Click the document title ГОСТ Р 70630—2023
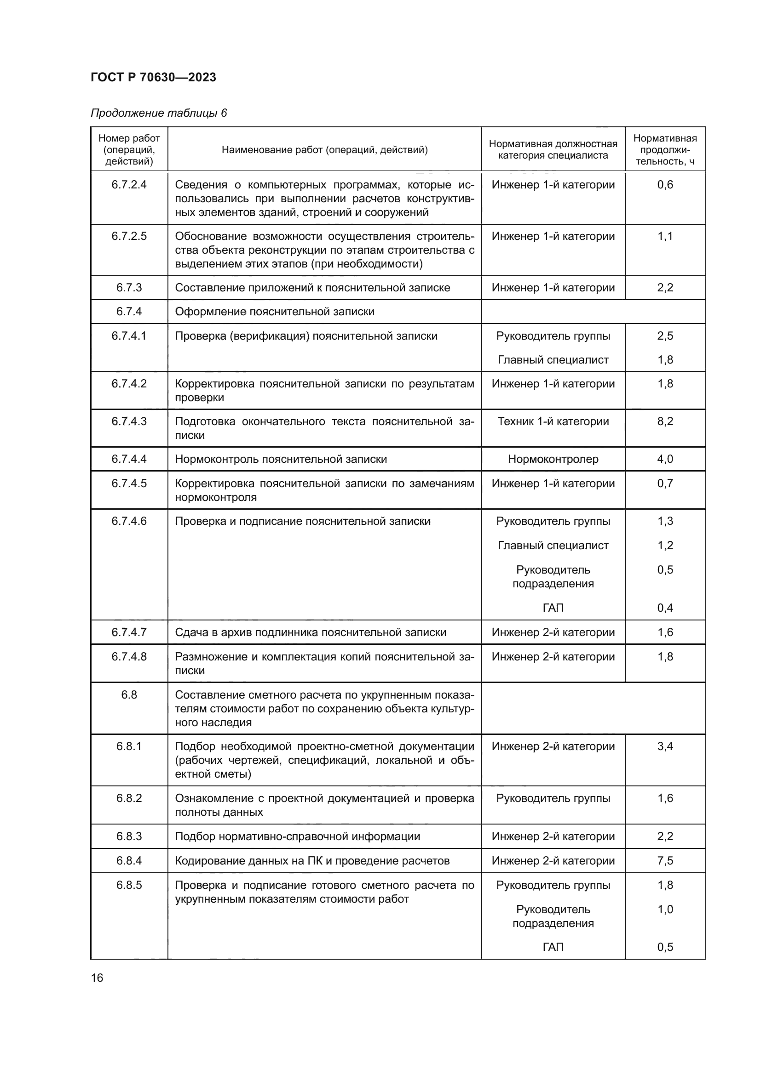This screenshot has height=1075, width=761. tap(153, 77)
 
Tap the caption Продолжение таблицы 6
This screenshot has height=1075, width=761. tap(158, 113)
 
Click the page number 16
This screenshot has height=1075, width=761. tap(97, 978)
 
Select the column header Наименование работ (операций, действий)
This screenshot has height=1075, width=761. tap(324, 150)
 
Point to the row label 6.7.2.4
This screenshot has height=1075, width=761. tap(129, 184)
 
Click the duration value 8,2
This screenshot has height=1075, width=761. tap(664, 421)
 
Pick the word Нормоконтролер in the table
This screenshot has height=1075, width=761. tap(553, 459)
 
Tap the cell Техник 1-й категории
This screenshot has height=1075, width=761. tap(553, 421)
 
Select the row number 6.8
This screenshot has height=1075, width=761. tap(129, 694)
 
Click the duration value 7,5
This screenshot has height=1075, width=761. tap(664, 860)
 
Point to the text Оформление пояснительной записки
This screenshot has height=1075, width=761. tap(275, 311)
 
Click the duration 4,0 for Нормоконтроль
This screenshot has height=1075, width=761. tap(664, 459)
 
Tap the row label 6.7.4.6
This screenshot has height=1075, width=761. tap(129, 521)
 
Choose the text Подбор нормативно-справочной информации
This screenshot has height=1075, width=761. tap(297, 836)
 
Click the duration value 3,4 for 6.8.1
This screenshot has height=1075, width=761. tap(664, 746)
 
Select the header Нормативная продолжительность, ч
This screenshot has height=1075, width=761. tap(664, 150)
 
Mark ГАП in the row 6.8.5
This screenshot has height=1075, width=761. tap(553, 947)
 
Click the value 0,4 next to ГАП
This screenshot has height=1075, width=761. tap(664, 608)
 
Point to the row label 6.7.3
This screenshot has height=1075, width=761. tap(129, 287)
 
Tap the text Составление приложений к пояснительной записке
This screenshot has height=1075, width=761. tap(312, 287)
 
